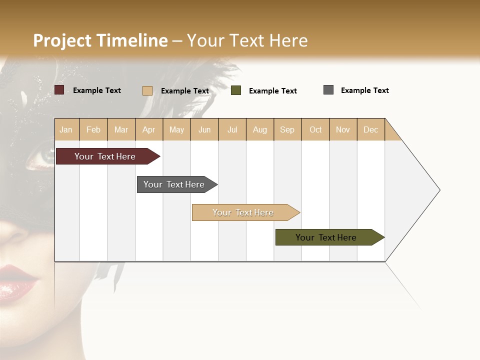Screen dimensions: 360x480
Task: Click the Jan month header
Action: point(66,129)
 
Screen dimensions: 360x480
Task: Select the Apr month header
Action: point(149,129)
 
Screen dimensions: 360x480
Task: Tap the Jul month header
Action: point(232,129)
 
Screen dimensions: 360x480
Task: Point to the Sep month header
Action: point(287,129)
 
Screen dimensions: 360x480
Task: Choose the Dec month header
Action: point(370,129)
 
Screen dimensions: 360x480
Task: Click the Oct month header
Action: point(315,129)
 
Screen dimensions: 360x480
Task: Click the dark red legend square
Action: point(59,90)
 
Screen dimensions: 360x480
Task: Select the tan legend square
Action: point(147,90)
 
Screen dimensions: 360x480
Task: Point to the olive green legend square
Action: point(236,90)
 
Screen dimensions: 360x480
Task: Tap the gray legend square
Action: point(328,90)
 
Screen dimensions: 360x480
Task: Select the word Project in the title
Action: point(62,40)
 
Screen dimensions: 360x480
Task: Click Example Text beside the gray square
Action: point(364,90)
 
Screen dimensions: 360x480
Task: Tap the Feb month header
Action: point(93,129)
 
